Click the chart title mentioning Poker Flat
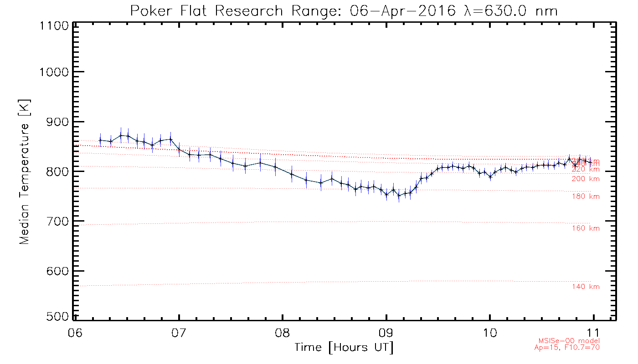[344, 10]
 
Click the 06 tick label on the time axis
[76, 331]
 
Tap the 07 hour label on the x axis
[179, 331]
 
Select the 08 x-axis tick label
[283, 331]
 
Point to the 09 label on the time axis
[386, 331]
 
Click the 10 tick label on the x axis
[490, 331]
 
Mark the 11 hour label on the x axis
[594, 331]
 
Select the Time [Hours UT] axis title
[344, 348]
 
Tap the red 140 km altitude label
[586, 287]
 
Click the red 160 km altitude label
[586, 228]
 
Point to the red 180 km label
[586, 197]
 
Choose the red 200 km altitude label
[586, 179]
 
